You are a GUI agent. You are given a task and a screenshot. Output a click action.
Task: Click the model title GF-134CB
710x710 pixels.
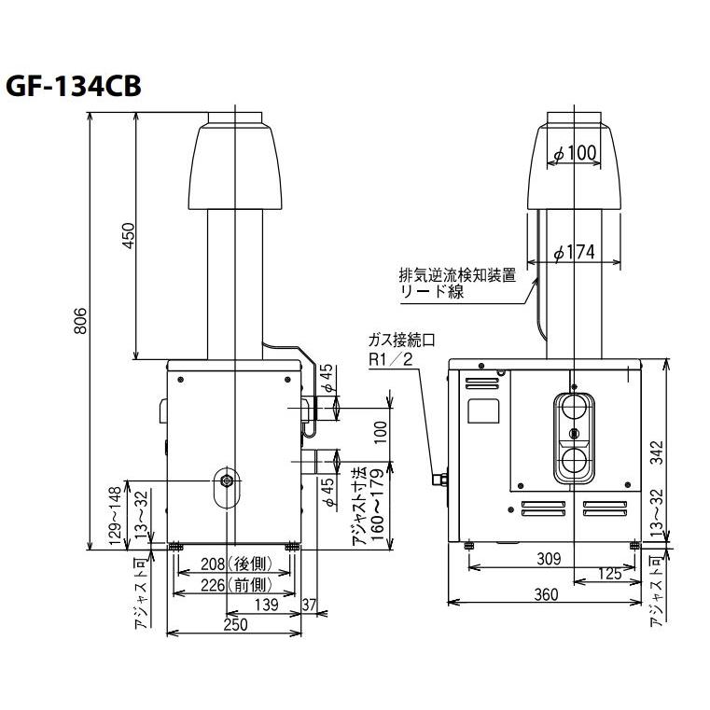[x=74, y=86]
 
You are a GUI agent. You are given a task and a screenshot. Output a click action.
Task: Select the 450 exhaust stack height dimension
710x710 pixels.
[x=129, y=237]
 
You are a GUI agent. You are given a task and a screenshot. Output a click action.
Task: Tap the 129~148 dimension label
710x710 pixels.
[x=114, y=515]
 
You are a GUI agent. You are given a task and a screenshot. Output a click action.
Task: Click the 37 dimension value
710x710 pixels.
[x=310, y=606]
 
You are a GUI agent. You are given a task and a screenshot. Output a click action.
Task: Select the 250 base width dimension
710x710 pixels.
[x=235, y=625]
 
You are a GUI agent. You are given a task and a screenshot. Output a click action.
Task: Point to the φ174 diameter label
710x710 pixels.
[x=575, y=253]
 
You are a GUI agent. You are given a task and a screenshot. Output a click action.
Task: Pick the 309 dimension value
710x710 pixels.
[x=550, y=559]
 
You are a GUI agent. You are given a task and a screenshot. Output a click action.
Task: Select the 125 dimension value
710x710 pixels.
[x=610, y=575]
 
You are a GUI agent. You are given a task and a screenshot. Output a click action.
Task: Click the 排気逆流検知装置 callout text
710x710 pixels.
[x=456, y=276]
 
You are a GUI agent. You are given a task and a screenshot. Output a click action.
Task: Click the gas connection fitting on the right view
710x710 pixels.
[x=439, y=480]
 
